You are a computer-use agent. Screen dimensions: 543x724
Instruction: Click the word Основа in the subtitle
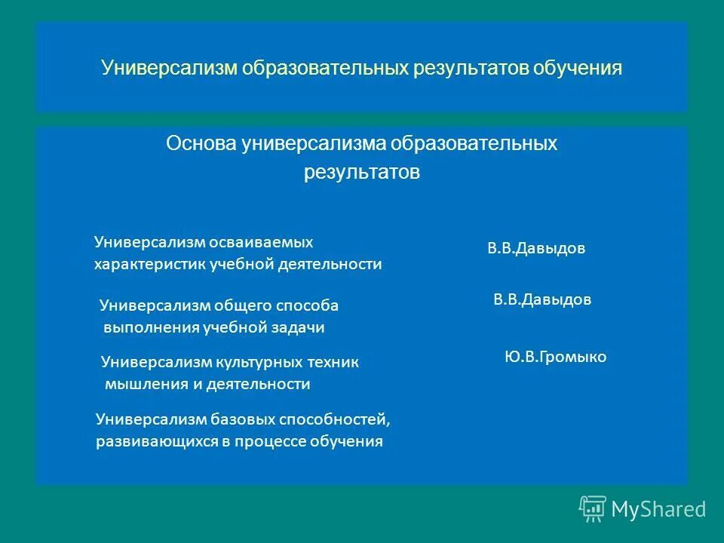201,143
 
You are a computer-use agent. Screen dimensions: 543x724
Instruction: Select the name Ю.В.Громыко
555,357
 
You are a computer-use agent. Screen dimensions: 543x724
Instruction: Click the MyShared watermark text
658,510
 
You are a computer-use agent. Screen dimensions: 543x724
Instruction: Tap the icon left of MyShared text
592,509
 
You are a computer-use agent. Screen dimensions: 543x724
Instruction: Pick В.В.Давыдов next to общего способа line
542,300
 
